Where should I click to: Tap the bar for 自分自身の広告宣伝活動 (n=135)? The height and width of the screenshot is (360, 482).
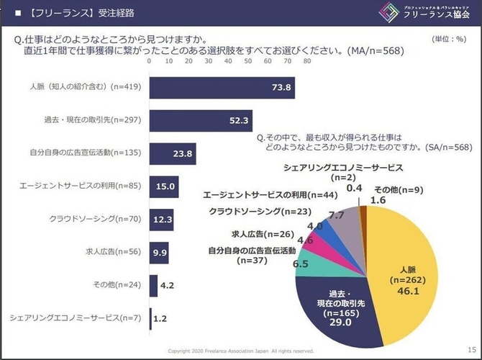click(x=173, y=153)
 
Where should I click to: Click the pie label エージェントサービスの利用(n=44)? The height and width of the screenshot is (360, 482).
click(x=268, y=195)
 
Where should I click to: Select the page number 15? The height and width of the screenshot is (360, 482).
click(x=471, y=349)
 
